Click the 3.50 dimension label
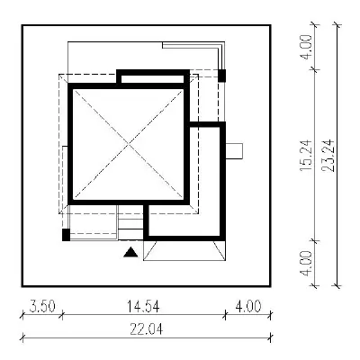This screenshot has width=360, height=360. coord(42,307)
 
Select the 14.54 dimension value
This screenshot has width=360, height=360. coord(143,307)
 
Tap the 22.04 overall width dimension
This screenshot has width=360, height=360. coord(147,329)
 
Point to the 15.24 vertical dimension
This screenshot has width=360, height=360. coord(306,156)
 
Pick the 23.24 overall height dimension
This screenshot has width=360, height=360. coord(328,156)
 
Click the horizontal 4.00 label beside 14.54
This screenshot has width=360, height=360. coord(248,307)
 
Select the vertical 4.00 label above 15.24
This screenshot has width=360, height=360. coord(306,47)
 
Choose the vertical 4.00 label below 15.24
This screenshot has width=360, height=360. coord(306,264)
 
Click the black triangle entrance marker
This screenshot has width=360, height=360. coord(131,253)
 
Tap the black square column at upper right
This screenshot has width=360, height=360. coord(221,76)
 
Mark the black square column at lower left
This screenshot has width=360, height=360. coord(66,235)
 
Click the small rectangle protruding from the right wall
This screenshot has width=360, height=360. coord(234,151)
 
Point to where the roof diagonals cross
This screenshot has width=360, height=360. coord(129,144)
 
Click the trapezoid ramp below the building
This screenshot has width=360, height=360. coord(184,251)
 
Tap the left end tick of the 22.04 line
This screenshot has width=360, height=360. coord(22,338)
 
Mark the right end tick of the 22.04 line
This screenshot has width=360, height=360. coord(271,338)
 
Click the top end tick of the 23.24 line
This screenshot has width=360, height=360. coord(337,26)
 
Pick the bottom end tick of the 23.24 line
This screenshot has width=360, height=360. coord(337,285)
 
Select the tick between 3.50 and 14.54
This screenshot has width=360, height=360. coord(62,315)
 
